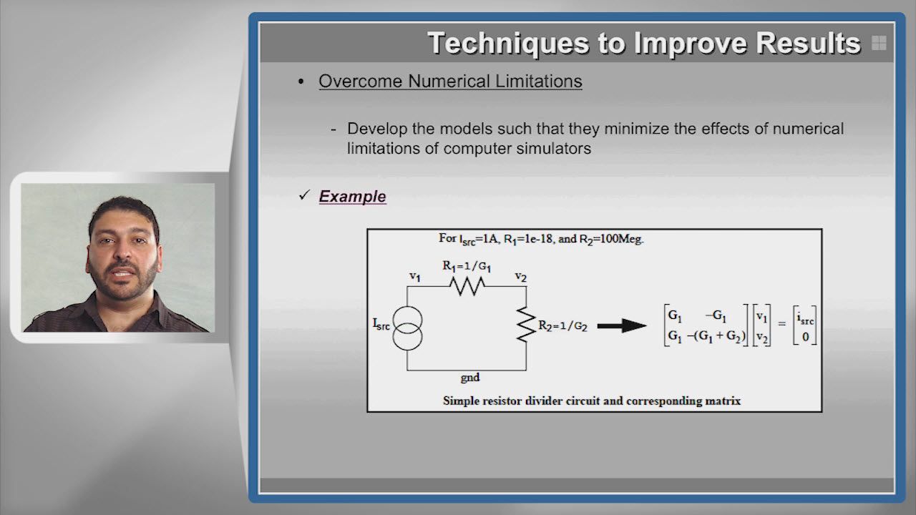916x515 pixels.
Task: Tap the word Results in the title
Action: tap(809, 43)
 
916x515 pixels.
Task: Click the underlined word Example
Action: tap(353, 197)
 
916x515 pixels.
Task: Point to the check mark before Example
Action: tap(305, 195)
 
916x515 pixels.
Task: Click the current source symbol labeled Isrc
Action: tap(407, 328)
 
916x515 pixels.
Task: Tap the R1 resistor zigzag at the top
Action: tap(467, 286)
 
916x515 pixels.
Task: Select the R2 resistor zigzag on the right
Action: tap(526, 325)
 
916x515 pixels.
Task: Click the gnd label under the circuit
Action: tap(470, 377)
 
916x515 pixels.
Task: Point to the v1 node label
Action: tap(415, 277)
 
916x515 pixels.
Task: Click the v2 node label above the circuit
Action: tap(520, 277)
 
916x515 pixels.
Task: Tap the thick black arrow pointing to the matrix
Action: tap(622, 325)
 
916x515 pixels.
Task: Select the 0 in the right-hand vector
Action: tap(805, 337)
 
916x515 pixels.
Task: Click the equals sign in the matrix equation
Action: tap(782, 324)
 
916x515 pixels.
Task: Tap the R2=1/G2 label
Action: tap(563, 325)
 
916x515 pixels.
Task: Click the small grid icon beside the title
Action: tap(879, 43)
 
